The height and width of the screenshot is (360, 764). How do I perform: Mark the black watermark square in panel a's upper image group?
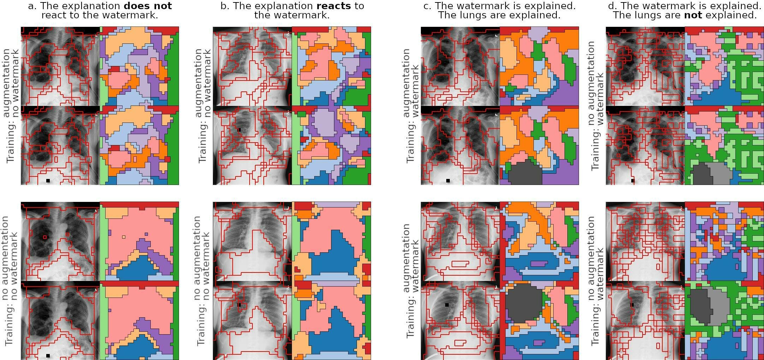pos(48,181)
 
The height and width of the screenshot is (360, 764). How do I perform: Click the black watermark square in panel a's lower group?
pos(48,355)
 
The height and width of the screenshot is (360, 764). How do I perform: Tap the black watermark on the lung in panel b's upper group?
pos(239,130)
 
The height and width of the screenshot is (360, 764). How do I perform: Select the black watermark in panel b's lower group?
pos(239,305)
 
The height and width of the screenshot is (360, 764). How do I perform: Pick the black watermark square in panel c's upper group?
pos(448,181)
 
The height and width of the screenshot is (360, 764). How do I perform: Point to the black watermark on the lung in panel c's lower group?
pos(447,305)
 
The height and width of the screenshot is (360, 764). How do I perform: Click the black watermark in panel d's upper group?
pos(633,181)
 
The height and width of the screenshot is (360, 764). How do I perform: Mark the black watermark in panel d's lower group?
pos(632,305)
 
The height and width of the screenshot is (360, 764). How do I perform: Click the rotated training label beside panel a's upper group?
pos(11,106)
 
